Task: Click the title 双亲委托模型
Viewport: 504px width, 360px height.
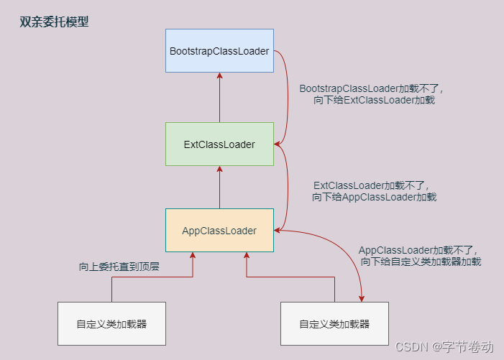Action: coord(55,22)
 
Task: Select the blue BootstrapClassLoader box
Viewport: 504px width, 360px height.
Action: coord(219,51)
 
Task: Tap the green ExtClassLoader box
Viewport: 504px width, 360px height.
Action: coord(219,144)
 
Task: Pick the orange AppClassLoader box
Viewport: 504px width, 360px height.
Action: coord(219,231)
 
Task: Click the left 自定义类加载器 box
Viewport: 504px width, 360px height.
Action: coord(111,323)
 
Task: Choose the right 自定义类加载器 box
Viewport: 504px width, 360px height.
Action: coord(334,323)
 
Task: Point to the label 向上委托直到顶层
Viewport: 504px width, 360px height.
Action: coord(119,267)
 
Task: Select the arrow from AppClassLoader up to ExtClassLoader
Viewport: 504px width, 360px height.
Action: coord(219,188)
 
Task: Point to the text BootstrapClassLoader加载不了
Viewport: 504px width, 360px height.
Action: coord(372,88)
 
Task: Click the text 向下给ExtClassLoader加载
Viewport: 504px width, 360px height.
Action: coord(374,101)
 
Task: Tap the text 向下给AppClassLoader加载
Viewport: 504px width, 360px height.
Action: coord(374,197)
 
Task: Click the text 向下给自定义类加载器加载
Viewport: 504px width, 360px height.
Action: coord(421,262)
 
